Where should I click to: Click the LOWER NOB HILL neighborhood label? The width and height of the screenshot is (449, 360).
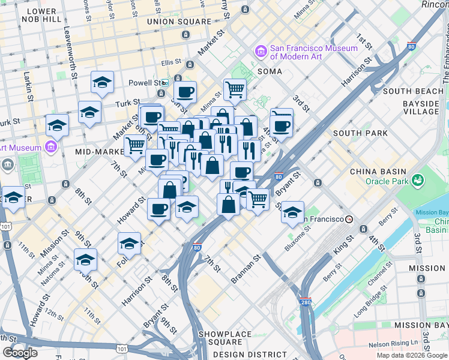coord(41,15)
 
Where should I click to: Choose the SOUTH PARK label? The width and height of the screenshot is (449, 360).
coord(355,133)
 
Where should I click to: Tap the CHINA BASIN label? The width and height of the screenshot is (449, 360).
coord(378,172)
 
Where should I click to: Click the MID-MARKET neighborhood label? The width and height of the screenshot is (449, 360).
coord(100,152)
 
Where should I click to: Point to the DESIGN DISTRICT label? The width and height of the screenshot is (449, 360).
coord(241,355)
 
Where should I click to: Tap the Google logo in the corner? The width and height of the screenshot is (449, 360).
coord(20,353)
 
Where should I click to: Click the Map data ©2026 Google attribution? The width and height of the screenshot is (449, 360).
coord(412,355)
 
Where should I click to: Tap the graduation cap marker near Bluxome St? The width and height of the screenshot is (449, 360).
coord(292,213)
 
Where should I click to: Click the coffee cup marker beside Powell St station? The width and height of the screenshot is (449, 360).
coord(185,92)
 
